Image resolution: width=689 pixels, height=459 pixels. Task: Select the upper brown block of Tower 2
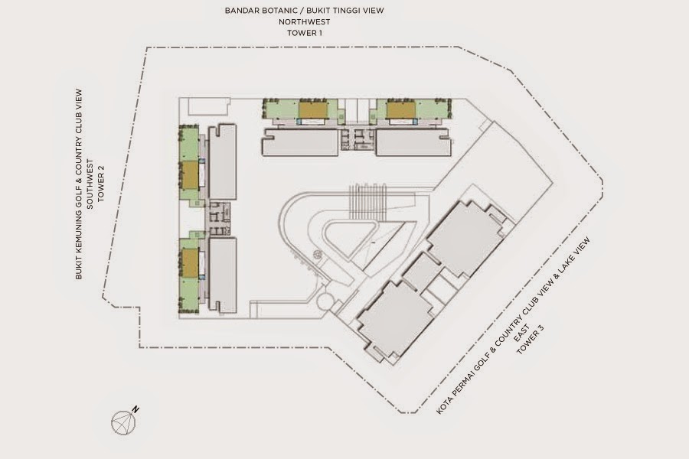coord(190,175)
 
